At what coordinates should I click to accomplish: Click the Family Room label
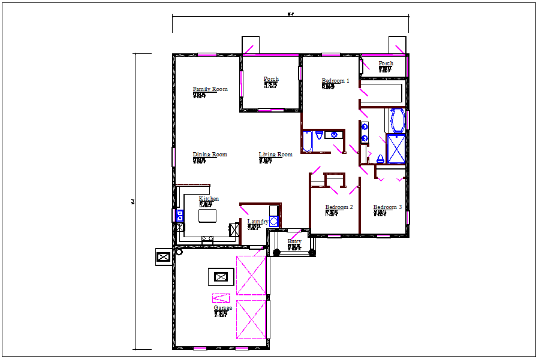point(210,89)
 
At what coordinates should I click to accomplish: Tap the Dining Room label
point(210,155)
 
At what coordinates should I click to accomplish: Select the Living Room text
point(275,155)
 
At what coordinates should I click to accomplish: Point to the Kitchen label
point(209,199)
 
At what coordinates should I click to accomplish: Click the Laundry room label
point(258,222)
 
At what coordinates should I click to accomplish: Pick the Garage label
point(222,308)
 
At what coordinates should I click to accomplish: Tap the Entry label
point(294,242)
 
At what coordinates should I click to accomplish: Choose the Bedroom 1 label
point(335,81)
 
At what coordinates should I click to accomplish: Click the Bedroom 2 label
point(339,207)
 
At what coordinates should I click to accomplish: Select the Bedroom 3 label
point(387,207)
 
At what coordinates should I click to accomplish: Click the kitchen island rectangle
point(207,215)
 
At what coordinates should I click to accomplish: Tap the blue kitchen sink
point(179,215)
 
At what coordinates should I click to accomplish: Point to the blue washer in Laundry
point(274,222)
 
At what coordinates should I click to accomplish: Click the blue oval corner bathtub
point(397,120)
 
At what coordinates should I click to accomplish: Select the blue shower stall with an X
point(396,149)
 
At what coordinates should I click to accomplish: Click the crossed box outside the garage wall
point(163,257)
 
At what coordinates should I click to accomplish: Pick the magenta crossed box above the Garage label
point(221,298)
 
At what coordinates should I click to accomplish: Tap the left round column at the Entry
point(276,252)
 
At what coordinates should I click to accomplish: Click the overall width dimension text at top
point(290,13)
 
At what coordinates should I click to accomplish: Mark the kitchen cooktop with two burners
point(207,238)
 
